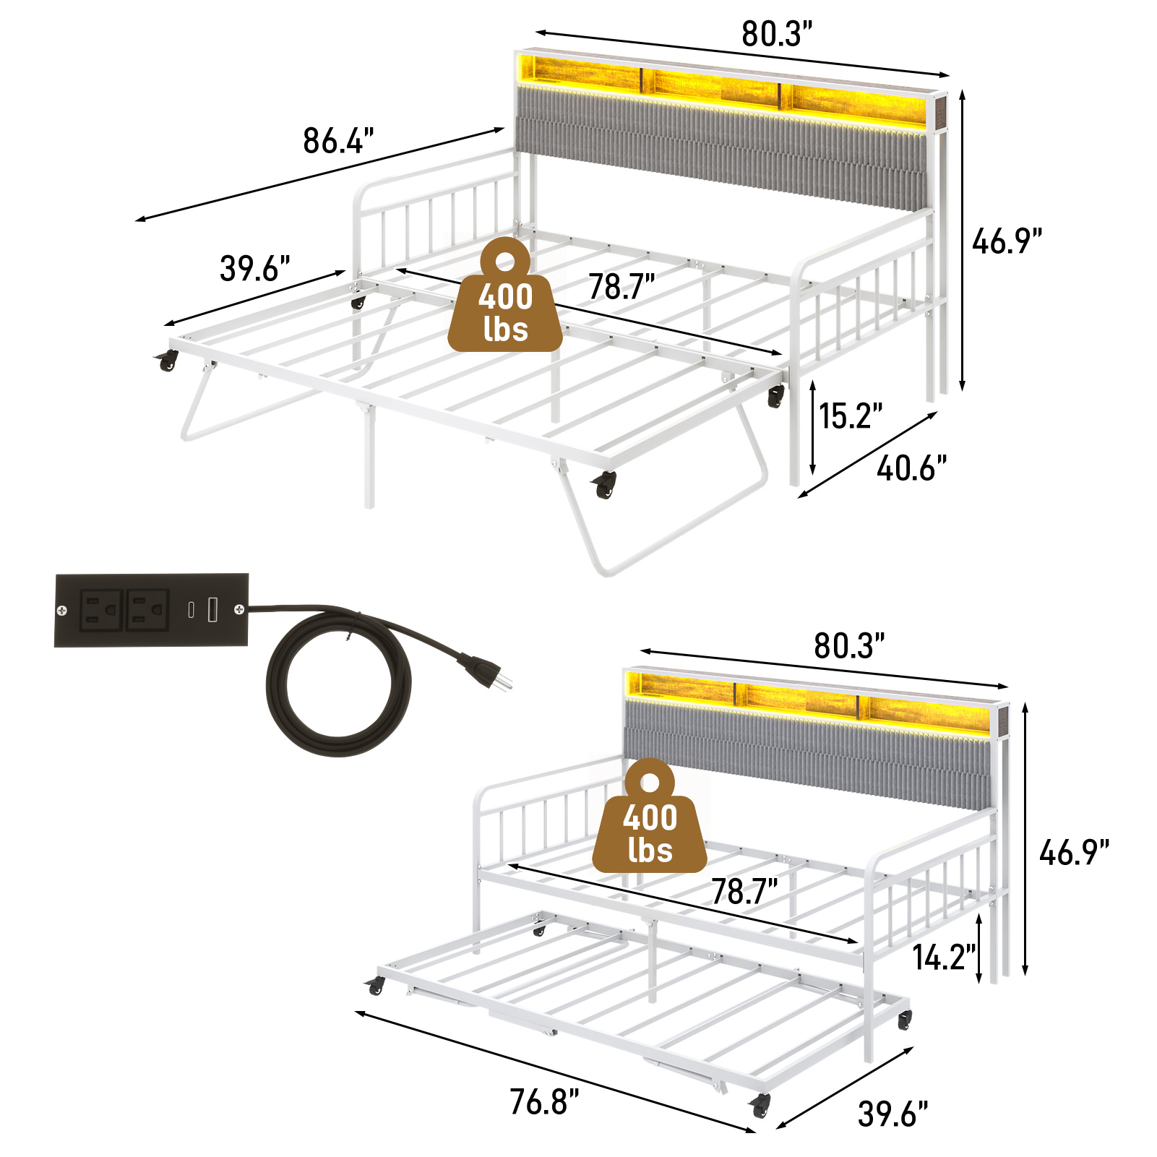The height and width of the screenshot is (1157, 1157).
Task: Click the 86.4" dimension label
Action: [x=338, y=141]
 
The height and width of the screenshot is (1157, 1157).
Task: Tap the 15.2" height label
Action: [x=851, y=416]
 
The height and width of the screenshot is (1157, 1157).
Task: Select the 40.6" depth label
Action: [x=911, y=468]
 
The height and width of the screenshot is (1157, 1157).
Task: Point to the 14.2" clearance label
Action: [x=944, y=958]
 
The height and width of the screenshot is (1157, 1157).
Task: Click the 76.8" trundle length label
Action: [x=544, y=1102]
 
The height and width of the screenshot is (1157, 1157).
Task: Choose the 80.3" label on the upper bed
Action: [x=777, y=34]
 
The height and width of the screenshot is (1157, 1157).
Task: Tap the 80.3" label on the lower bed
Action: [x=849, y=646]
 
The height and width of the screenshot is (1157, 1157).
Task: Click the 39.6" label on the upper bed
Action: [x=255, y=269]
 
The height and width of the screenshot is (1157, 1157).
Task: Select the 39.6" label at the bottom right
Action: [x=893, y=1114]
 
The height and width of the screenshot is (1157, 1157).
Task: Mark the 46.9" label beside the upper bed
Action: [x=1007, y=241]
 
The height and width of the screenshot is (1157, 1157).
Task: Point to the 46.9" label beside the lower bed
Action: [x=1074, y=853]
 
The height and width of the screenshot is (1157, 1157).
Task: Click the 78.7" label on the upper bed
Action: [x=621, y=287]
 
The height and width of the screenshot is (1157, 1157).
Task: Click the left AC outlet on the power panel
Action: [x=101, y=610]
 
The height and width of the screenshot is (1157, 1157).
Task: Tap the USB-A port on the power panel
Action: [x=213, y=609]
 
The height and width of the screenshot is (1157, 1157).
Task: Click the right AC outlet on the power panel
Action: [x=148, y=610]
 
